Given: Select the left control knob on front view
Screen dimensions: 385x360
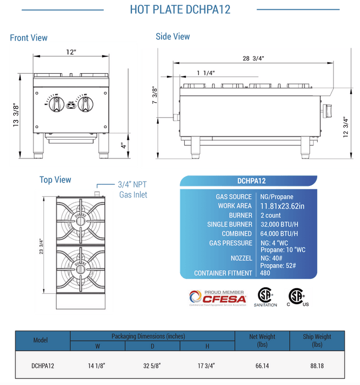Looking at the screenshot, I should [x=55, y=105].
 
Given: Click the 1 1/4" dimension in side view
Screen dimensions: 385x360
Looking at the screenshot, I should [x=206, y=73].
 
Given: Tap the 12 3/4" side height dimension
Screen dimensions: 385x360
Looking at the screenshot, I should [x=346, y=128].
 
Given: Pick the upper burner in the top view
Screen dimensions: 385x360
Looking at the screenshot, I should [x=81, y=219].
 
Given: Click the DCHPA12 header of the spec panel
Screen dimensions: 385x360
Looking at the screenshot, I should [x=252, y=180].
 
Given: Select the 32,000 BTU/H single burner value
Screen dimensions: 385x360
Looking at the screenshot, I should [x=279, y=224].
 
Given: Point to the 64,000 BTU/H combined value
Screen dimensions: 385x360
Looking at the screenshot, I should [x=279, y=234].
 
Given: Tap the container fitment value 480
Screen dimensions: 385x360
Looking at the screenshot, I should [x=265, y=273].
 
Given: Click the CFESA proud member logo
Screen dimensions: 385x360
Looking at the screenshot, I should [x=218, y=297].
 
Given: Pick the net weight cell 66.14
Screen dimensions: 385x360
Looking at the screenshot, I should [x=263, y=365].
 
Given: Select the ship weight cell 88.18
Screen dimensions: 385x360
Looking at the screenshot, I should [x=317, y=365].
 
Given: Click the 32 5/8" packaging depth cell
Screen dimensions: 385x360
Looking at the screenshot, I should [x=153, y=365].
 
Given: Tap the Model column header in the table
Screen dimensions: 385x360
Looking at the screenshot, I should [x=41, y=340].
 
